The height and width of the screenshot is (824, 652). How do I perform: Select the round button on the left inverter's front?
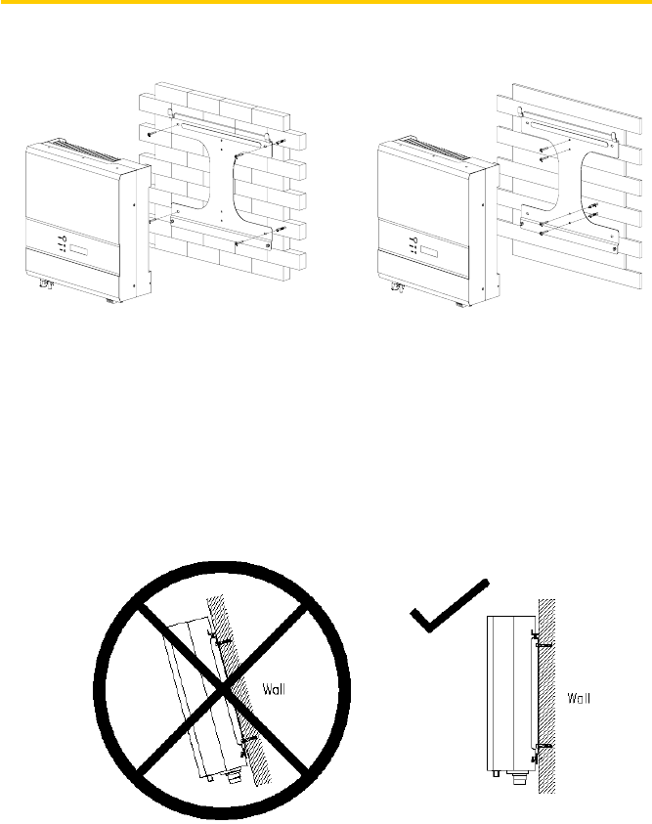coord(62,238)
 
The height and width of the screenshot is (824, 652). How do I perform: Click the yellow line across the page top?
coord(326,3)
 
